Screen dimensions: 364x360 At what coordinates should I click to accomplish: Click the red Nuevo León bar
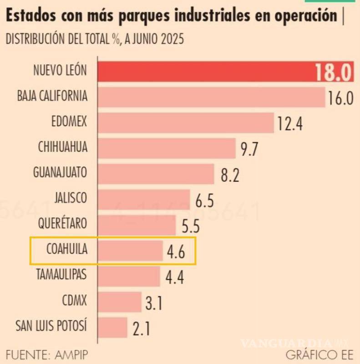(x=205, y=72)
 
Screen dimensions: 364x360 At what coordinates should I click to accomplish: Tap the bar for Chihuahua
(x=166, y=148)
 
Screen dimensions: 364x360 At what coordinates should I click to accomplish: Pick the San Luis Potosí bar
(x=112, y=327)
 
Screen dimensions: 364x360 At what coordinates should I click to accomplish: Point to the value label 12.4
(x=290, y=123)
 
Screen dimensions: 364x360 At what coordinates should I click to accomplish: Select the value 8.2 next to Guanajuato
(x=230, y=174)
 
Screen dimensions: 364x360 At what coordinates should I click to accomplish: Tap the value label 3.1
(x=154, y=303)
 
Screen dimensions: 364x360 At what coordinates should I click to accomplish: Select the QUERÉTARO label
(x=61, y=224)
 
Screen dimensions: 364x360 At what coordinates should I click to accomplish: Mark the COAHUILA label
(x=66, y=250)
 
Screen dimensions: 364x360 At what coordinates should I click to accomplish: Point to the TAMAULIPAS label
(x=61, y=275)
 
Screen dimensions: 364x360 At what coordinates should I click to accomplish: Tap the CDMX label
(x=74, y=301)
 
